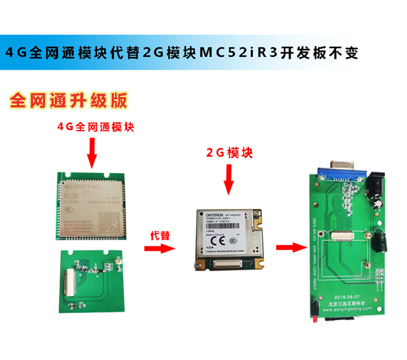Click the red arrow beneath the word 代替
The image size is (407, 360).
[x=159, y=248]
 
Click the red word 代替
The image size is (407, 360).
[x=159, y=234]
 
